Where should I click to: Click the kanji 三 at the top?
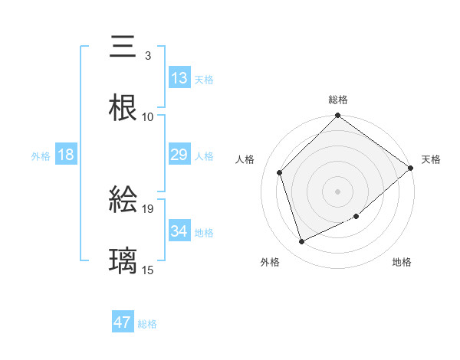(123, 47)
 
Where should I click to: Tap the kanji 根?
(123, 108)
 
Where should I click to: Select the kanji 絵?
(123, 200)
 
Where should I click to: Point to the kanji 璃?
(123, 260)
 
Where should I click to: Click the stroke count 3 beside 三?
(147, 56)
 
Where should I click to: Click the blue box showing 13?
(179, 77)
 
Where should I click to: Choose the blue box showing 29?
(179, 155)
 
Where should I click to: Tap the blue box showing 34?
(179, 231)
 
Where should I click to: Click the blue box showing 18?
(66, 155)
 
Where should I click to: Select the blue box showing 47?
(123, 322)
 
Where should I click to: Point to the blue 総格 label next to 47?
(147, 324)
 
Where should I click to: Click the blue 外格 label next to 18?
(41, 156)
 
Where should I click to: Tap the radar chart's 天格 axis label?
(431, 159)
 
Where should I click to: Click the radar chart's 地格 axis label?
(402, 262)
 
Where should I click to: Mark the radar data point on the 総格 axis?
(337, 116)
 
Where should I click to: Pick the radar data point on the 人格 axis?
(280, 172)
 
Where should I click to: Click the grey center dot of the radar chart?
(337, 191)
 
